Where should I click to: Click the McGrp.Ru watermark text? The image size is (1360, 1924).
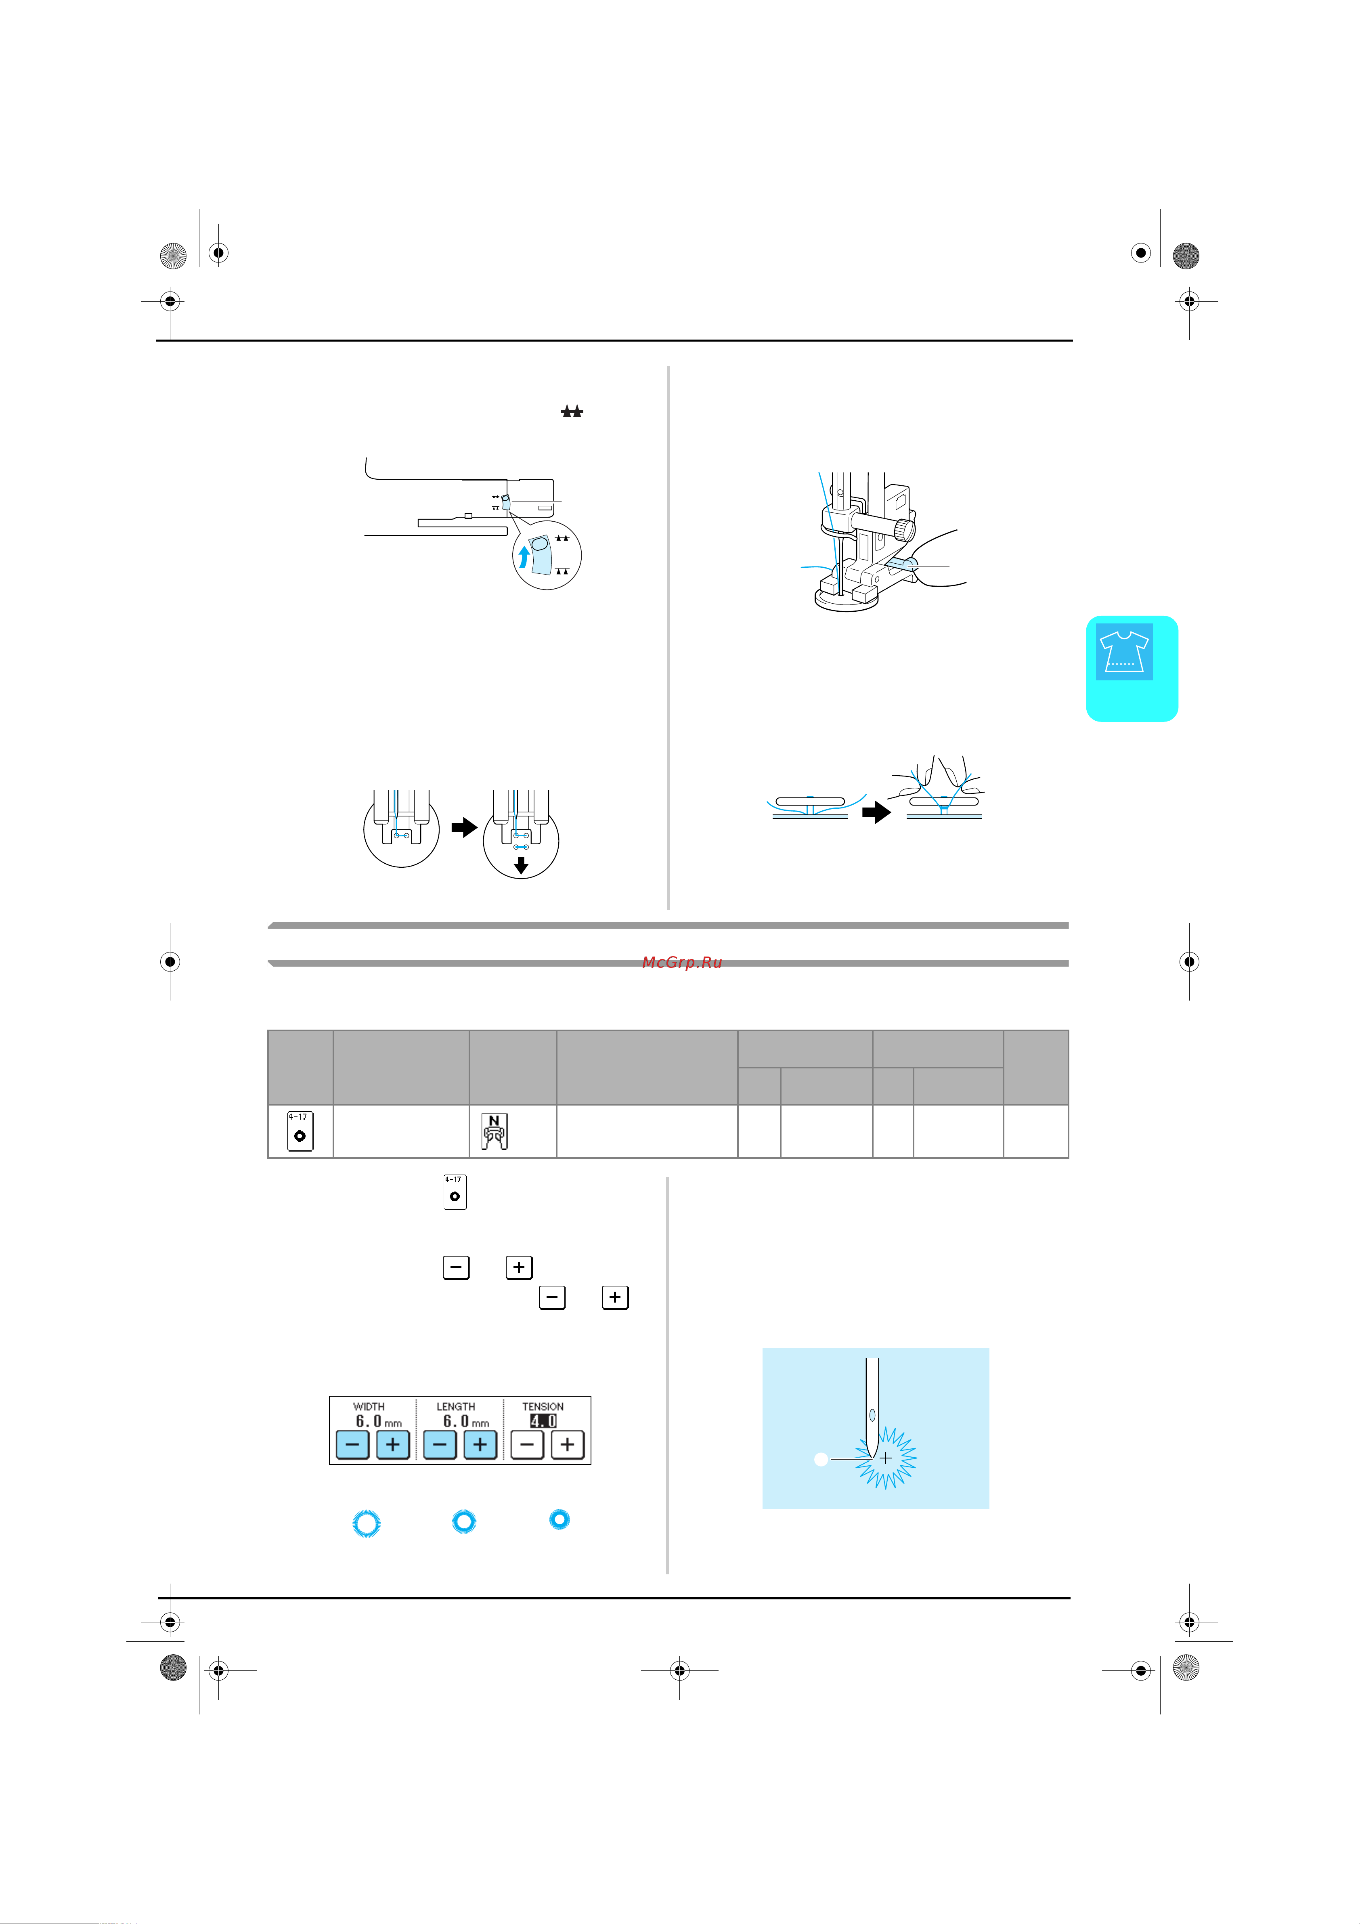(681, 962)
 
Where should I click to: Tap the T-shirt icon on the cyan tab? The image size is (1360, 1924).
(1124, 651)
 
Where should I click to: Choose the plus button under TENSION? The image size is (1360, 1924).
(567, 1445)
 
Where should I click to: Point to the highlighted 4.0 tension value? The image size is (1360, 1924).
(543, 1421)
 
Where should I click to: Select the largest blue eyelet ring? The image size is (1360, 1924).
(366, 1523)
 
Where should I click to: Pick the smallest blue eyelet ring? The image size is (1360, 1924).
(560, 1519)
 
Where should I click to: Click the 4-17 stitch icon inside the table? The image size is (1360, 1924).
(300, 1131)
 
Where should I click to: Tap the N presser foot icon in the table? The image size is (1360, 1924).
(495, 1131)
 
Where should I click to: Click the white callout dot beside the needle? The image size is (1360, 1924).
(821, 1460)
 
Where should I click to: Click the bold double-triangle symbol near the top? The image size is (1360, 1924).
(572, 411)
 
